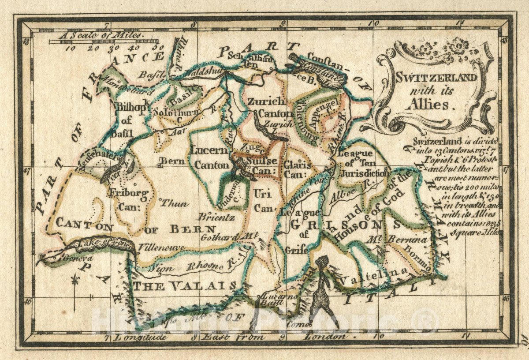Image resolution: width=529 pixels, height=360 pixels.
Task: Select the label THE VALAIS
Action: pyautogui.click(x=185, y=286)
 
